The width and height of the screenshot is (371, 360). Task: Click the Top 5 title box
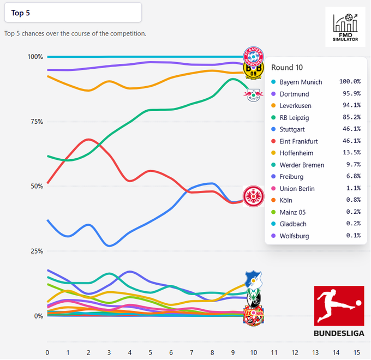pos(72,13)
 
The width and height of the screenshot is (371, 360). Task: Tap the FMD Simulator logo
pos(345,27)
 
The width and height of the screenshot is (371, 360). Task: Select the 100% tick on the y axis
pos(35,57)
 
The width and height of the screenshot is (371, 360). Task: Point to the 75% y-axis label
pos(36,122)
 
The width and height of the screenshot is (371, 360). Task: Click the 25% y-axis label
pos(36,251)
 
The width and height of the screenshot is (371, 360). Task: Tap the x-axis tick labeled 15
pos(356,352)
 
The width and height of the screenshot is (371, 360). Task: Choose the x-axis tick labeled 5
pos(151,352)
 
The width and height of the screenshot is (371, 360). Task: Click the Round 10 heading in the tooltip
pos(286,68)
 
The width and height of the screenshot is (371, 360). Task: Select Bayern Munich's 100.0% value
pos(350,82)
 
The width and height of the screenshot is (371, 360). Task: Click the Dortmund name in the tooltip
pos(295,94)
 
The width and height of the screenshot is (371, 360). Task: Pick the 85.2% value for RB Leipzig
pos(350,118)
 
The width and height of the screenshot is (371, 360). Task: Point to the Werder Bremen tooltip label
pos(302,165)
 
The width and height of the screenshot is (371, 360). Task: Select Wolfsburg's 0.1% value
pos(352,236)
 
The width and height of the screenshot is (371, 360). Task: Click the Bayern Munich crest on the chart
pos(253,55)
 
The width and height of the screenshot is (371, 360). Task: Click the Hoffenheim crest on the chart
pos(253,279)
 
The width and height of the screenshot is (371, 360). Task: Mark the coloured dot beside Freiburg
pos(273,177)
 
